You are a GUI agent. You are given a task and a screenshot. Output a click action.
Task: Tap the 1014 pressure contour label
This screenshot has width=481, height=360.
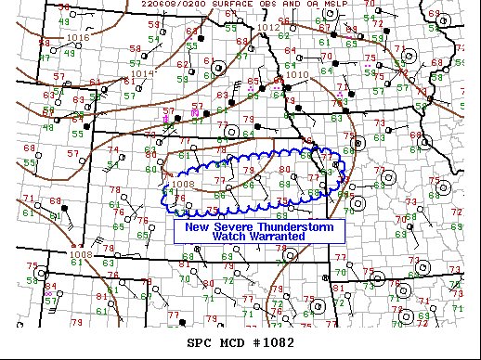pos(142,73)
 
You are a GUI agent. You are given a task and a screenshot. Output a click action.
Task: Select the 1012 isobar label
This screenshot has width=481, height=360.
pos(268,28)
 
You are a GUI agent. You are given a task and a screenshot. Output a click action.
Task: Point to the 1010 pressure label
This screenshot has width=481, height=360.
pos(298,75)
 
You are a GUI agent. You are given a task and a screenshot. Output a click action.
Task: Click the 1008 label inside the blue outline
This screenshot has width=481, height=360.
pos(184,184)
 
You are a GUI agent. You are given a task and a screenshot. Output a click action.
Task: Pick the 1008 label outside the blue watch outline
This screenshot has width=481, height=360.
pos(80,254)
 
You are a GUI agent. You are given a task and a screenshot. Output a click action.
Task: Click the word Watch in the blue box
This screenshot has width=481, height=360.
pos(229,237)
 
